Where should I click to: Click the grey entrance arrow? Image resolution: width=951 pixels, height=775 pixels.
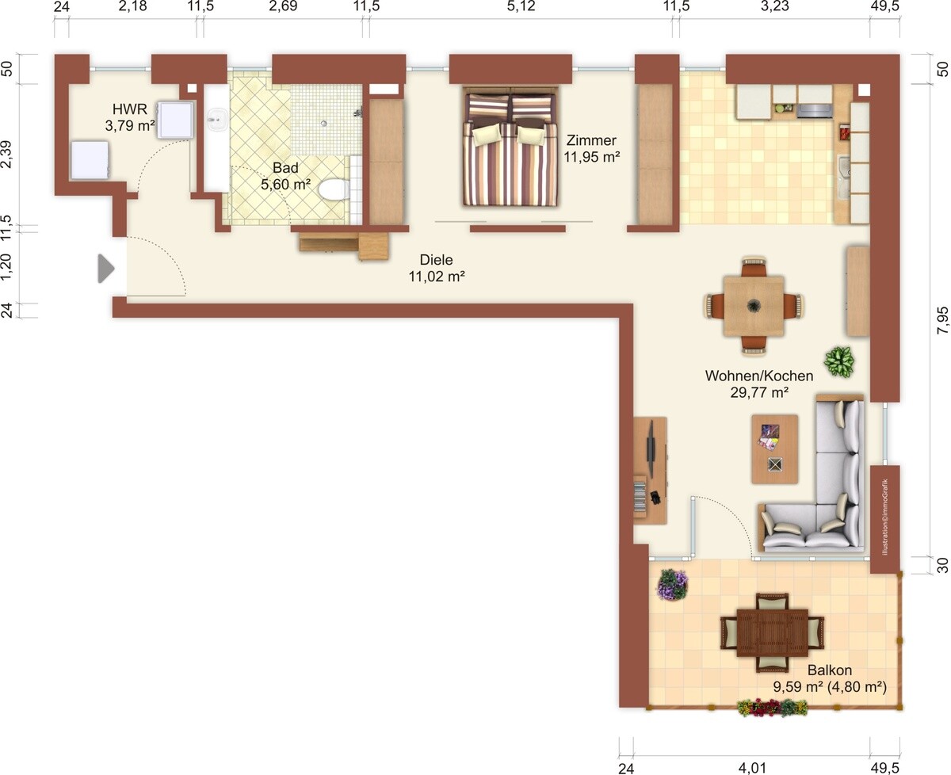(x=106, y=269)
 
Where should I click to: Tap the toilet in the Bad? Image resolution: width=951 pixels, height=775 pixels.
(x=334, y=189)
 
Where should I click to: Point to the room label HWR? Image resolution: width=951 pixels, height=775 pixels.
(x=130, y=109)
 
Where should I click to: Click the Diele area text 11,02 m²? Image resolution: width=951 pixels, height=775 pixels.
(x=437, y=277)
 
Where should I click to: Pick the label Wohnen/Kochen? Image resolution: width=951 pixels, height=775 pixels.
(x=759, y=376)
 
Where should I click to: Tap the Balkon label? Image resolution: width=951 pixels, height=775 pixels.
(x=830, y=670)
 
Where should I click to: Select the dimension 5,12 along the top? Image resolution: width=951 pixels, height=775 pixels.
(x=521, y=6)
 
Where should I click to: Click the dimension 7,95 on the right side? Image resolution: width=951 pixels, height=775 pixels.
(x=942, y=320)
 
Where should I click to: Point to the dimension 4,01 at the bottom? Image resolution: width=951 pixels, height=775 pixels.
(x=752, y=768)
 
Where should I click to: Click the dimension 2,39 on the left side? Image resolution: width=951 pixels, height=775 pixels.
(x=6, y=154)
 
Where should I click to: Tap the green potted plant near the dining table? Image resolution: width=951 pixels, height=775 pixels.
(x=840, y=361)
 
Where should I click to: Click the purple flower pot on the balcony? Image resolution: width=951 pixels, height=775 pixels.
(x=672, y=586)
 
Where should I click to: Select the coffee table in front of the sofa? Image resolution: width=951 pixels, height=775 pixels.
(x=774, y=449)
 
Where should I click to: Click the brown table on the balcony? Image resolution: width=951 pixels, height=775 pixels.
(x=772, y=632)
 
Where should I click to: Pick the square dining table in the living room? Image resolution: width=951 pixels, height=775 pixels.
(x=754, y=306)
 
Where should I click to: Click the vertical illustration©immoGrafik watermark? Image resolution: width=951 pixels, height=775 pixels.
(x=885, y=517)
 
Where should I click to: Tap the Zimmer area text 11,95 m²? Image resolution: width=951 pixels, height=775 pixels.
(x=591, y=157)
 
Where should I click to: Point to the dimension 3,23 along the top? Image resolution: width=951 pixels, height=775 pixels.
(x=774, y=6)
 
